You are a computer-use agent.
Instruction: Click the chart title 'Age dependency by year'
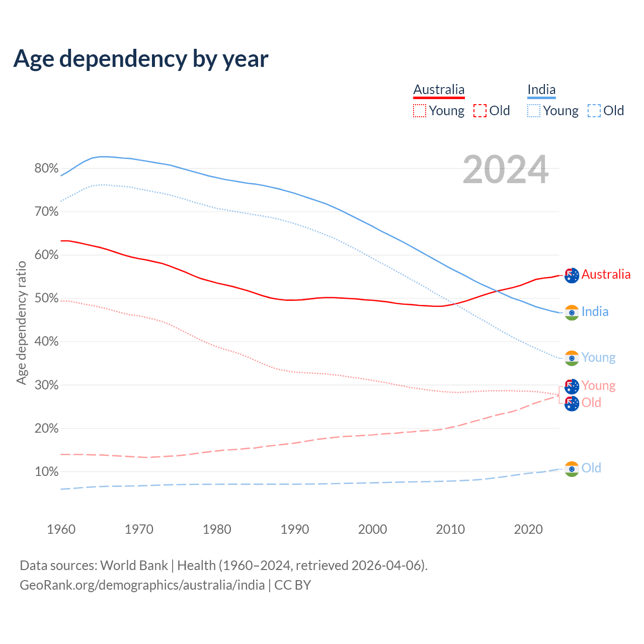click(141, 58)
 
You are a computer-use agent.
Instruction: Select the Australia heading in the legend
click(439, 90)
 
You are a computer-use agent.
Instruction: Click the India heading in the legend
click(541, 90)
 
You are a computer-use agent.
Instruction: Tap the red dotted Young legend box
click(420, 111)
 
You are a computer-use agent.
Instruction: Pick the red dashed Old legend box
click(480, 111)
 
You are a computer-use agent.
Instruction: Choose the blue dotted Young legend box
click(534, 111)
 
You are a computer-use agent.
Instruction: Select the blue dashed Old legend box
click(594, 111)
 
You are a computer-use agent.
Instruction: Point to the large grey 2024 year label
click(505, 170)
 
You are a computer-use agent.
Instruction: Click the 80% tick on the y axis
click(47, 169)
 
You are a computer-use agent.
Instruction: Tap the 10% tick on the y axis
click(47, 472)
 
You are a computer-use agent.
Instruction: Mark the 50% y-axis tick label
click(47, 298)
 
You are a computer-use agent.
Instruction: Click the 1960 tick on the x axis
click(61, 529)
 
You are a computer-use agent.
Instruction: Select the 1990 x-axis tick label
click(295, 529)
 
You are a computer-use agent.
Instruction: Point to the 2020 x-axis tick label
click(528, 529)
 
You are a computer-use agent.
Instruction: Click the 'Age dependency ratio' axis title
click(21, 323)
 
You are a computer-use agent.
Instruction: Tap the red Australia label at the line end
click(606, 274)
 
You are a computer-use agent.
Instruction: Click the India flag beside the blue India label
click(572, 312)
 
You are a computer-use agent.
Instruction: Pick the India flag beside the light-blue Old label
click(572, 469)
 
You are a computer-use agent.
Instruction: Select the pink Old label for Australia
click(592, 403)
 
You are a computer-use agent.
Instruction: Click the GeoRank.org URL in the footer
click(142, 585)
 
